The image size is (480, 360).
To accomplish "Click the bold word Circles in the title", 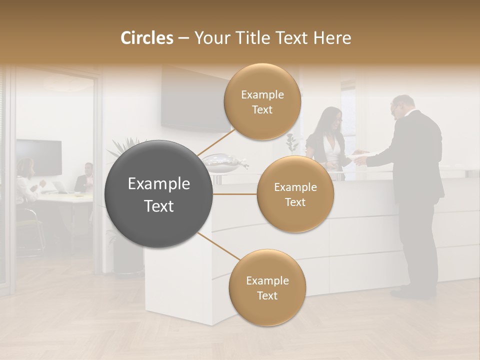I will (146, 38).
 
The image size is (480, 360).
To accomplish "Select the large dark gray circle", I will (159, 194).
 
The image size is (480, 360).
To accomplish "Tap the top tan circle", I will (262, 102).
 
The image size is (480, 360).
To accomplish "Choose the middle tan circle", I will (295, 194).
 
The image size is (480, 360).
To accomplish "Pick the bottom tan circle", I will (267, 288).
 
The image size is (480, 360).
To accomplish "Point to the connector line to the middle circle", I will (234, 194).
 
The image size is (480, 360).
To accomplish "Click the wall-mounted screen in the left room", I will (39, 157).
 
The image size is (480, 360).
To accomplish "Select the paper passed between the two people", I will (359, 154).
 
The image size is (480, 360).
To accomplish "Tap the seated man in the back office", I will (85, 178).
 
